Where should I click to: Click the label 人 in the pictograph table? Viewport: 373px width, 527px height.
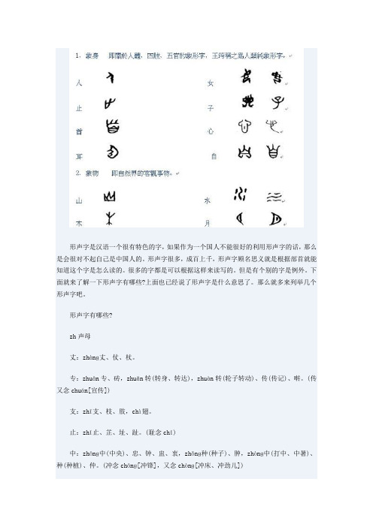pyautogui.click(x=79, y=83)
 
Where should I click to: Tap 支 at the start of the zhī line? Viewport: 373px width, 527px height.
pyautogui.click(x=71, y=411)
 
